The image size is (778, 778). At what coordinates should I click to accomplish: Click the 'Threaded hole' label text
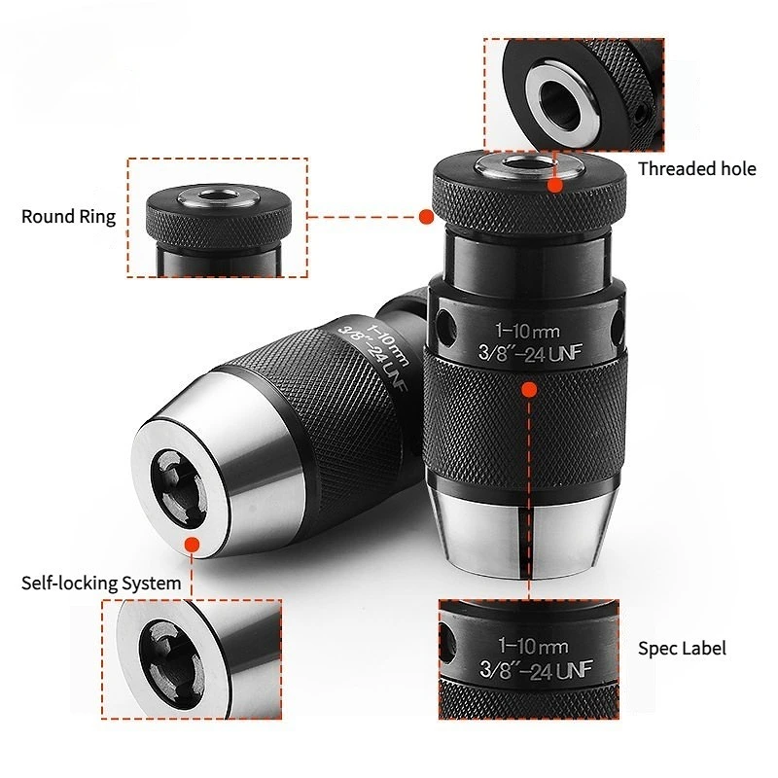[x=696, y=168]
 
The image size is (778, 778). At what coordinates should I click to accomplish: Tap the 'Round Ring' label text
[x=68, y=217]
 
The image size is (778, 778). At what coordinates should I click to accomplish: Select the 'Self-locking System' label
[x=101, y=583]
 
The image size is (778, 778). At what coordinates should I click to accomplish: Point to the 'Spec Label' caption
[x=682, y=649]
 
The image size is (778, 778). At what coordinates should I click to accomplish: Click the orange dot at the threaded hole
[x=555, y=186]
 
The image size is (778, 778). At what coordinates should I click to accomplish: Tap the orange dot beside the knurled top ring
[x=426, y=216]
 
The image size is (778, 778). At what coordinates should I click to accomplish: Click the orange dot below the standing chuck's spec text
[x=529, y=390]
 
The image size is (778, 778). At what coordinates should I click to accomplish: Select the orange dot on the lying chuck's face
[x=192, y=545]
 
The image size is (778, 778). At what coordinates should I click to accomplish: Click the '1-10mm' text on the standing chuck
[x=527, y=331]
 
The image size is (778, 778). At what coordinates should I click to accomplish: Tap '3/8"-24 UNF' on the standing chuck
[x=530, y=353]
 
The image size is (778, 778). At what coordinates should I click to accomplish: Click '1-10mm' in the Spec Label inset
[x=533, y=646]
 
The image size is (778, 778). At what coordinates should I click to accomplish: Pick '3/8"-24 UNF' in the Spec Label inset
[x=536, y=670]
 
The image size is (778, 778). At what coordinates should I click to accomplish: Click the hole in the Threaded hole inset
[x=560, y=103]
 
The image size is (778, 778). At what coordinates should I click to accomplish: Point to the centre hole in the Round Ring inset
[x=218, y=194]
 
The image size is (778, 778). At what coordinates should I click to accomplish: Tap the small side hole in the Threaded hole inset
[x=642, y=113]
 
